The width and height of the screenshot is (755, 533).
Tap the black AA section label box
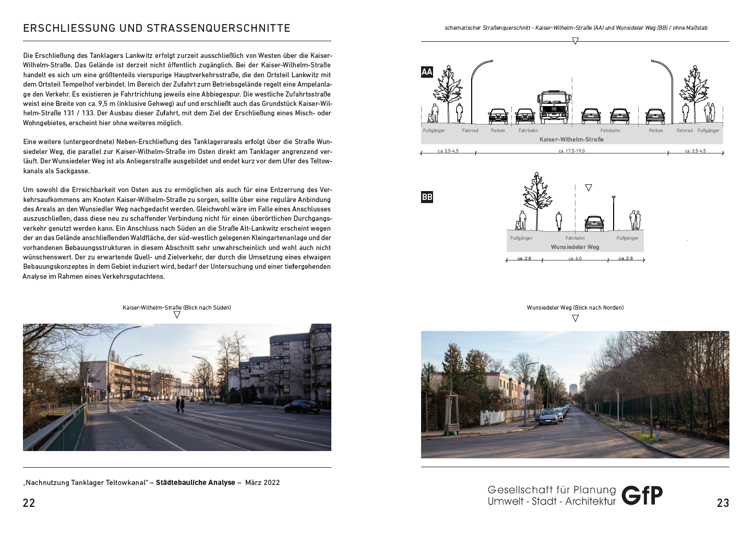pos(427,72)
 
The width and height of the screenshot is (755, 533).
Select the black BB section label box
pos(427,197)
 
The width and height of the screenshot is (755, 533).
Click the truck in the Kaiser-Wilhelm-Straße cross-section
pos(553,107)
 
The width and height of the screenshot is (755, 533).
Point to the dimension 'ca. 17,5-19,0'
pos(571,151)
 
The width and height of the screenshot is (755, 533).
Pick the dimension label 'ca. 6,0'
pos(575,258)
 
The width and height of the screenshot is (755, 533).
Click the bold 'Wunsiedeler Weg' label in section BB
pos(575,247)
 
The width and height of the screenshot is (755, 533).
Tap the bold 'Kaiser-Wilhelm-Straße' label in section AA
pos(571,139)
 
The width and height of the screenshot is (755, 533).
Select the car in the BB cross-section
pos(594,223)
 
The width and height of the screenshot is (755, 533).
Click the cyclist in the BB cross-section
pos(559,221)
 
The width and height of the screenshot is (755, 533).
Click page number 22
pos(29,503)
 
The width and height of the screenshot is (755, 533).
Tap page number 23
pos(723,503)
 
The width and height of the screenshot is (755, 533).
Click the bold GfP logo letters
pos(642,495)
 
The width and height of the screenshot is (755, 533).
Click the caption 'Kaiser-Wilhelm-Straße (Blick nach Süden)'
pos(177,307)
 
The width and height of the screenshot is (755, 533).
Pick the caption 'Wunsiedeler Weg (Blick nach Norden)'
pos(575,307)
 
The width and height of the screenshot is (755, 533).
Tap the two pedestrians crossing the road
pos(180,404)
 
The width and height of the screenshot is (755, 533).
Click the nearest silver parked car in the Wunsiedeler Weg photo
pos(548,417)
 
